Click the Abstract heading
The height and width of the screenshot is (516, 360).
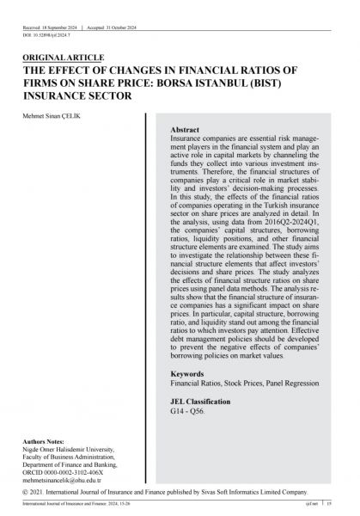(x=187, y=129)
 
